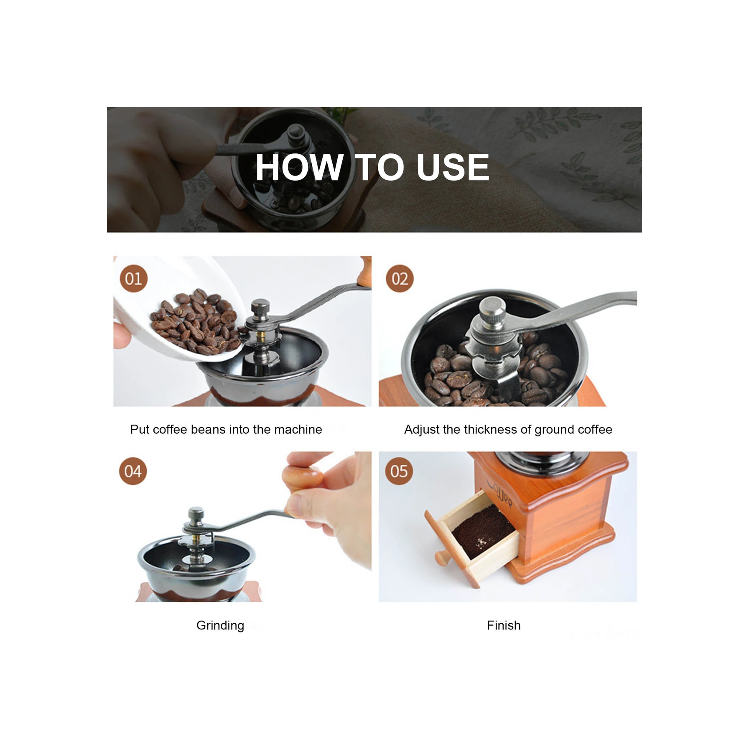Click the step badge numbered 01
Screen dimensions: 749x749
pos(134,278)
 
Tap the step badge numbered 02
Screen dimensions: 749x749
pos(400,278)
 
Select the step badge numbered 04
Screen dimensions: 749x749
pos(133,471)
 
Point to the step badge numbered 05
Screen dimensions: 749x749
pos(399,471)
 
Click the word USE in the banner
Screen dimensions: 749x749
pos(452,167)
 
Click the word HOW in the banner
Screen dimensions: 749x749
pos(299,167)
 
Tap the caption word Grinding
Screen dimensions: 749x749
pos(220,626)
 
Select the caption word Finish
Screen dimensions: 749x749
pos(504,625)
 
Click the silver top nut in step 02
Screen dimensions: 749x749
pos(493,311)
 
